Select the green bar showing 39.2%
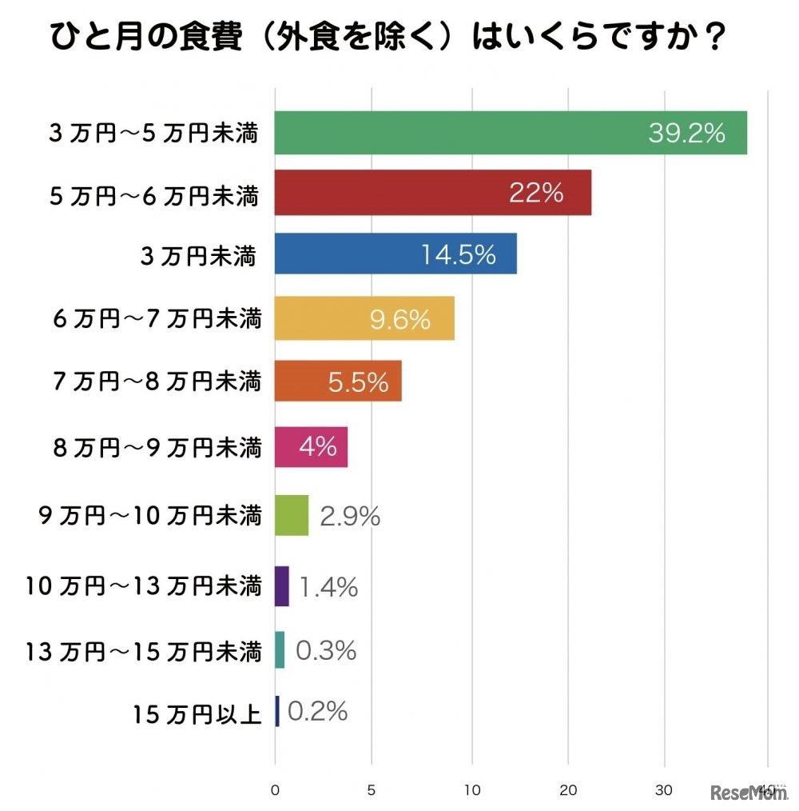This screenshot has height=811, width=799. (x=511, y=133)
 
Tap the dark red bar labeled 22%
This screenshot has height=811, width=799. (x=432, y=193)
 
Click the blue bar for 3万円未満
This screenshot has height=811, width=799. (x=396, y=254)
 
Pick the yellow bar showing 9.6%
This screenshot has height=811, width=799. (x=364, y=318)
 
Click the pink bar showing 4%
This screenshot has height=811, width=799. (x=311, y=446)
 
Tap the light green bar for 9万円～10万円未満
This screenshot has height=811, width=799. (x=292, y=515)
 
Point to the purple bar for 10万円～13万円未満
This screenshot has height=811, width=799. (x=281, y=586)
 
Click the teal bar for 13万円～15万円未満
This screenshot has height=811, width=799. (x=280, y=650)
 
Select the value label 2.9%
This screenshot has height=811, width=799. (x=350, y=517)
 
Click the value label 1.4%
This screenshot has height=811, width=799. (x=328, y=589)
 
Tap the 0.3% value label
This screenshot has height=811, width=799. (x=326, y=651)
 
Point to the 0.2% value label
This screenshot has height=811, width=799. (x=317, y=711)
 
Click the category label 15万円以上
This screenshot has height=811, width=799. (x=197, y=713)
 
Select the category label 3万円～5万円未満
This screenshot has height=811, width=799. (x=153, y=134)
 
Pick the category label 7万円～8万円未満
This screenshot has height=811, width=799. (x=157, y=382)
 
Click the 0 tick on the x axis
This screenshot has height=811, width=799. (x=275, y=789)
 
